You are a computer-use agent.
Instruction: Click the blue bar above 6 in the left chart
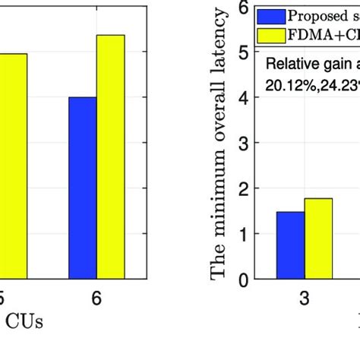tap(82, 188)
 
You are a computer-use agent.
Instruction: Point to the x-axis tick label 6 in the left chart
tap(96, 298)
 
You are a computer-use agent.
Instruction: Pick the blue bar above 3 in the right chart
tap(289, 246)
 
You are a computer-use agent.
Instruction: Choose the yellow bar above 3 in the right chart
tap(318, 239)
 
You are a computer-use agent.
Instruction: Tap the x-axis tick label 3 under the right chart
tap(304, 298)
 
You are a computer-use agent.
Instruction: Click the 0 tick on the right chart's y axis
tap(243, 280)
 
